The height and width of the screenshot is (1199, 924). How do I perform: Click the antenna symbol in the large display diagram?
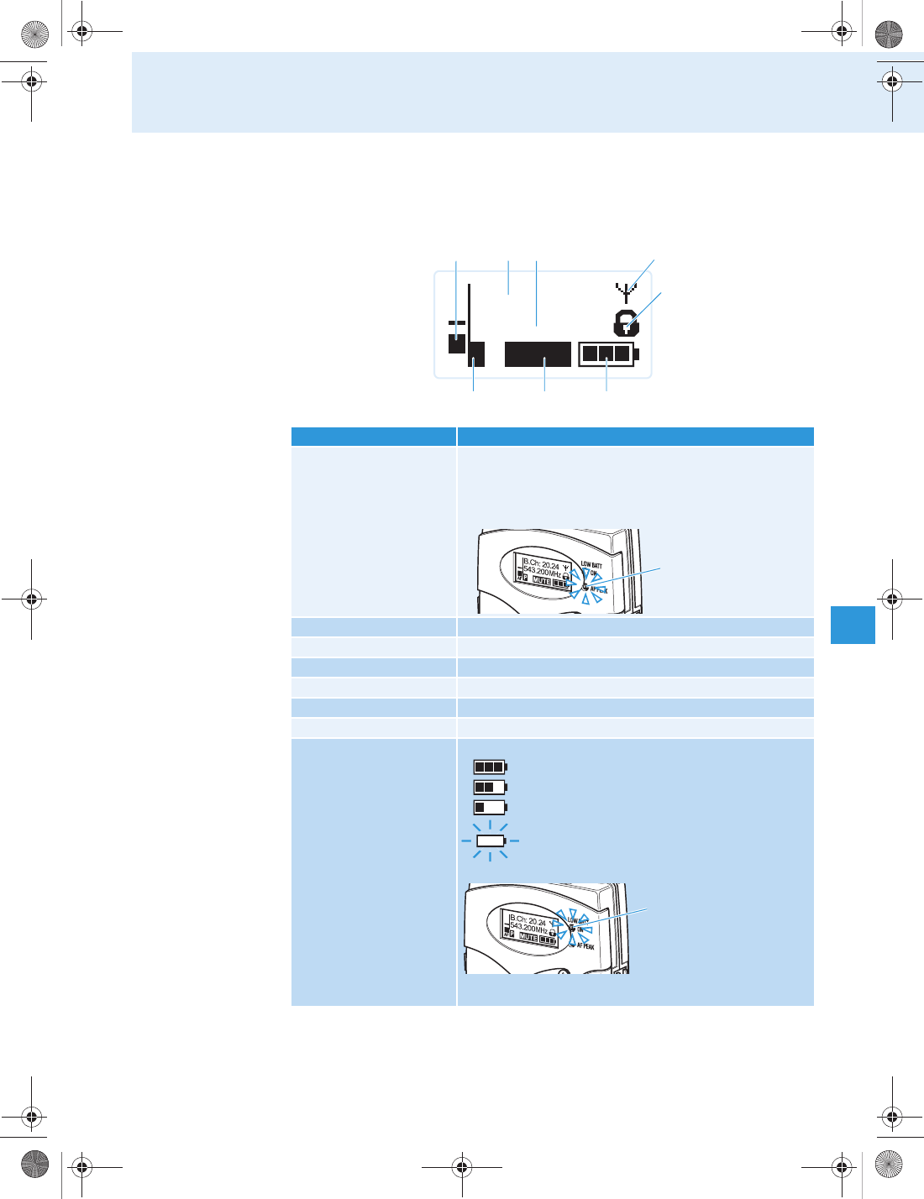(627, 292)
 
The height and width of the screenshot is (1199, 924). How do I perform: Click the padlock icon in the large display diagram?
(625, 323)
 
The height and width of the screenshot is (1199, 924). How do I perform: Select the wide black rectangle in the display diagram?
(538, 354)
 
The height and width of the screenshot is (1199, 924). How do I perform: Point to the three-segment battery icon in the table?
(490, 767)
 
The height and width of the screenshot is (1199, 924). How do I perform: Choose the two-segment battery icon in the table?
(490, 787)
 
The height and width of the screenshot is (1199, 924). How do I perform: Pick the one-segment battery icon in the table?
(490, 807)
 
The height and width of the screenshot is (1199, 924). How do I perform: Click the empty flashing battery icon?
(490, 840)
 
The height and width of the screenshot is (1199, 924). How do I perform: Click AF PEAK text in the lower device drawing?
(585, 946)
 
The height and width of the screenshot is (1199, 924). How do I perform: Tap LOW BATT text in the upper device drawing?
(591, 565)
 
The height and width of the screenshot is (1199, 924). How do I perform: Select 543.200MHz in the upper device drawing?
(542, 572)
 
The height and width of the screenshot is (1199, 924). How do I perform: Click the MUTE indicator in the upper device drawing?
(542, 581)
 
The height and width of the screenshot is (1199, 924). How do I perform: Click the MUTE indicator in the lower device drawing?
(528, 937)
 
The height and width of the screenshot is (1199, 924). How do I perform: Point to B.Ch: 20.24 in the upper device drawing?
(542, 564)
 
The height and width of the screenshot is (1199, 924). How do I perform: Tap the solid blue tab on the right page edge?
(853, 625)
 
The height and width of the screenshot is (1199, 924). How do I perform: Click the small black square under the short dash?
(457, 343)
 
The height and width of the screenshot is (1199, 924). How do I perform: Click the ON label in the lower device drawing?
(580, 929)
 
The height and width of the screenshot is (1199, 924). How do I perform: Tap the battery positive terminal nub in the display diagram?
(637, 353)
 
